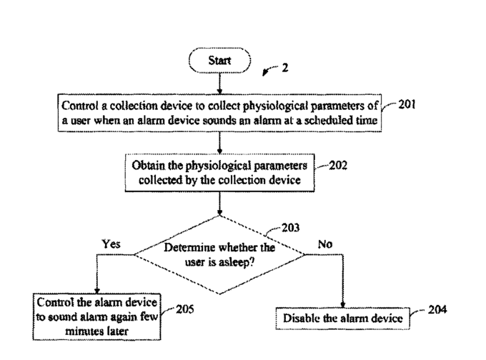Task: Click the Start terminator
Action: click(220, 61)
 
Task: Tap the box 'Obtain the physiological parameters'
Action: click(219, 171)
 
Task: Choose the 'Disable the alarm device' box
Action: click(344, 317)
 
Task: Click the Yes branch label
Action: click(111, 244)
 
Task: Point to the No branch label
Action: click(325, 244)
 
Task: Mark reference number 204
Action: click(437, 310)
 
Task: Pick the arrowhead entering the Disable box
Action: click(344, 304)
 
